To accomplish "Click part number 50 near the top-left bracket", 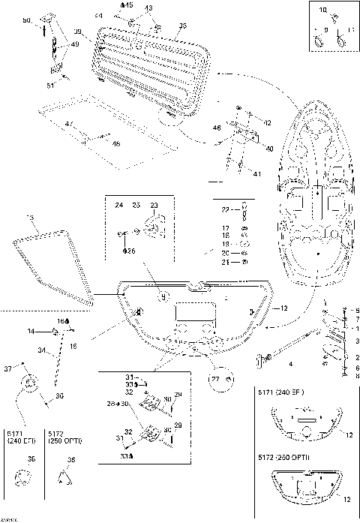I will click(46, 21).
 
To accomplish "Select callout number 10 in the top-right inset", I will click(324, 10).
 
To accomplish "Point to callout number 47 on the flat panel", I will click(69, 122).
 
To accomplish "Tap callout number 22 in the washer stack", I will click(223, 209).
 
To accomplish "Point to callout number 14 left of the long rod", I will click(32, 331).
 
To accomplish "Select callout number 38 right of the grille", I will click(181, 26).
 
